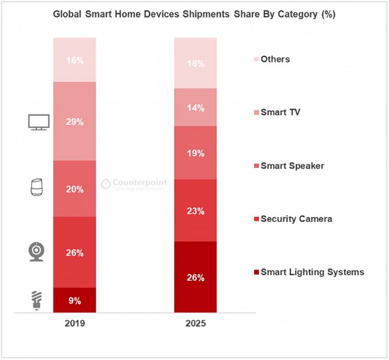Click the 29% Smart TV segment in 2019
coord(75,121)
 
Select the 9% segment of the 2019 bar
coord(75,300)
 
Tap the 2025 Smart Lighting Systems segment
coord(196,277)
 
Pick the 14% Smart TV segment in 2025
coord(196,107)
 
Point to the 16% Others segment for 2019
coord(75,60)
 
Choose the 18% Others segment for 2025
coord(196,63)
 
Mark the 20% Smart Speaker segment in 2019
coord(75,189)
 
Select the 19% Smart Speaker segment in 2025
coord(196,153)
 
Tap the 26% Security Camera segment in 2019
coord(75,252)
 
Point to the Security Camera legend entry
coord(293,219)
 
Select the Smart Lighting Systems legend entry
coord(309,272)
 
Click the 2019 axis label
coord(75,325)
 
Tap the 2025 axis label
coord(196,325)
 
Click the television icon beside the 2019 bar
coord(39,122)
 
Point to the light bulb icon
coord(36,300)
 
